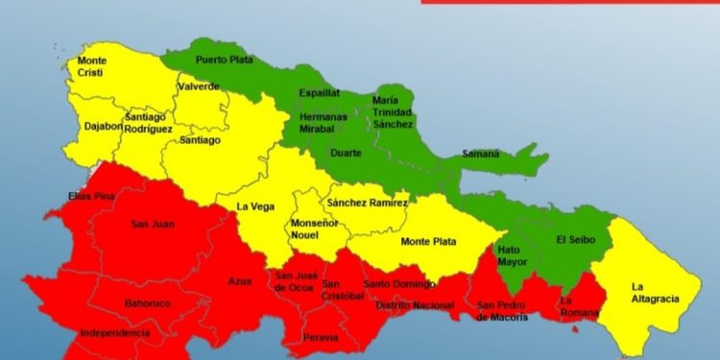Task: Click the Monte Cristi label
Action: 92,67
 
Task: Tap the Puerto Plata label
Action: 224,60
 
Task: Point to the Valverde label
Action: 199,87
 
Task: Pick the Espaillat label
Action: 320,94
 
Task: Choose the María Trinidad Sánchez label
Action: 392,112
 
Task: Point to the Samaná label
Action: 480,154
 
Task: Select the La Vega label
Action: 255,205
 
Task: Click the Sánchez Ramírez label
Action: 368,203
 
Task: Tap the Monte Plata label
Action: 428,241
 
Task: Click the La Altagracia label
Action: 655,292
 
